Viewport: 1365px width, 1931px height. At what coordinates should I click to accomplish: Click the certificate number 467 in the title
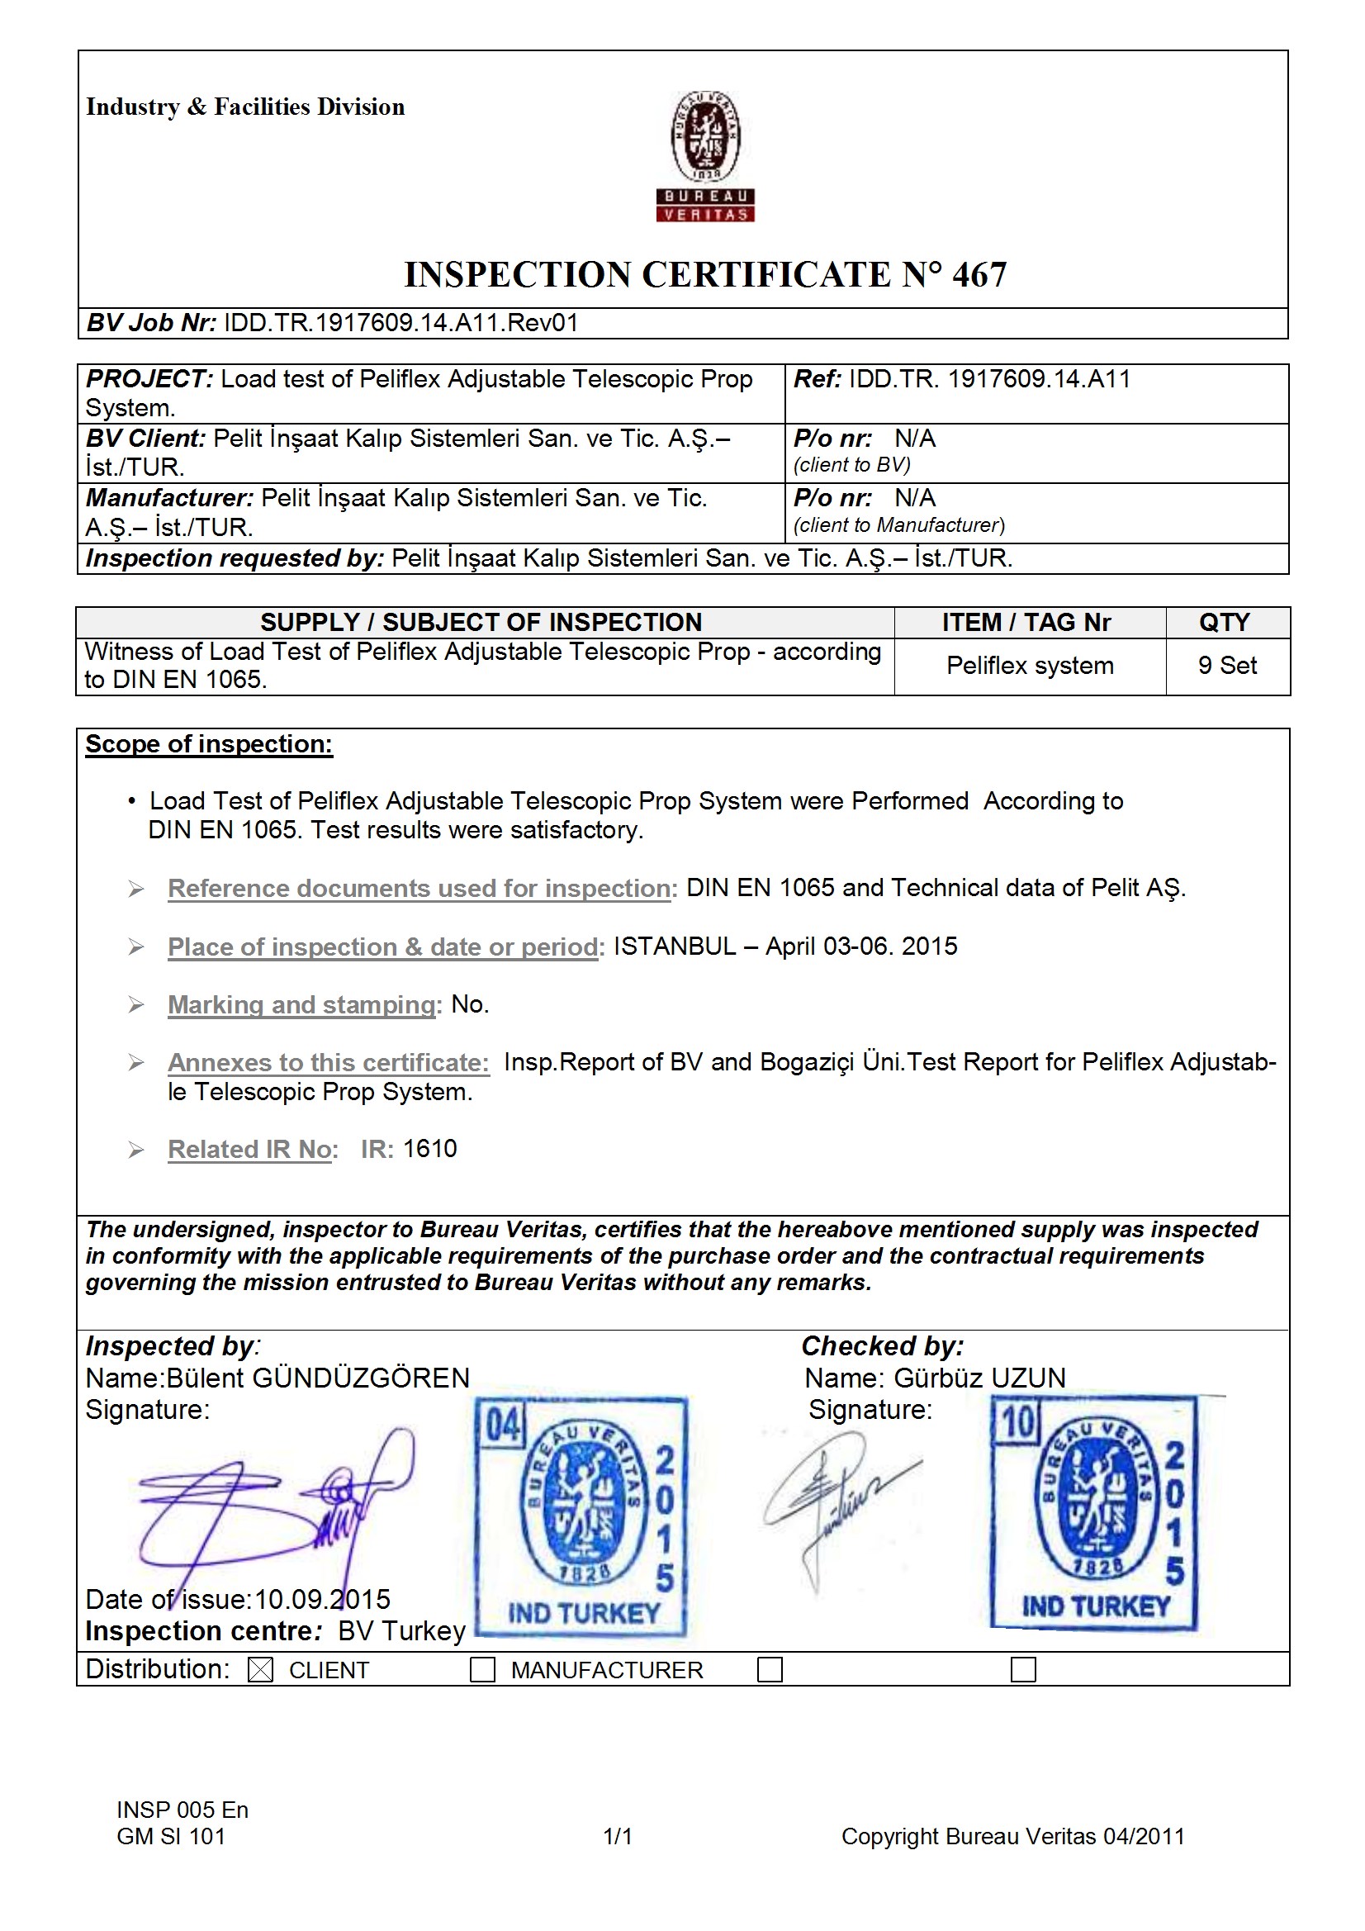(979, 275)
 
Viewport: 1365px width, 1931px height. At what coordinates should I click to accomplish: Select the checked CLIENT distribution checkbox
(261, 1669)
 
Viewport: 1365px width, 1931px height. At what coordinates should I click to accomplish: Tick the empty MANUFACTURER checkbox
(482, 1669)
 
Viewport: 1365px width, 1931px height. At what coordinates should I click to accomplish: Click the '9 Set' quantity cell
(1227, 665)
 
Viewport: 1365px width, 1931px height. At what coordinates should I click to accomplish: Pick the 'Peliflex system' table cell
(1030, 665)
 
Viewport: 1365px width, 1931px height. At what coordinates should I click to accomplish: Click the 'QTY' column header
(1225, 623)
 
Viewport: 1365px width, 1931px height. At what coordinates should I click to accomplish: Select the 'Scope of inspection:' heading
(209, 744)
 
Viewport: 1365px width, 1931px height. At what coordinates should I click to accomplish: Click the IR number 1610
(429, 1149)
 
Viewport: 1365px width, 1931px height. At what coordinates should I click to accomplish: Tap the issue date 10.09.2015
(322, 1599)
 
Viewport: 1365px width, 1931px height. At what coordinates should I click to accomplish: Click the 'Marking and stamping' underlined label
(302, 1004)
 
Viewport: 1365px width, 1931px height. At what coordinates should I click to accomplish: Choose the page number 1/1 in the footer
(618, 1836)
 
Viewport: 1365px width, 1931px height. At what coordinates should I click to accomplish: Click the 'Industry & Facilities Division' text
(244, 107)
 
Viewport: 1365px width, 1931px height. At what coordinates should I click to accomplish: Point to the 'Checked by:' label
(881, 1346)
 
